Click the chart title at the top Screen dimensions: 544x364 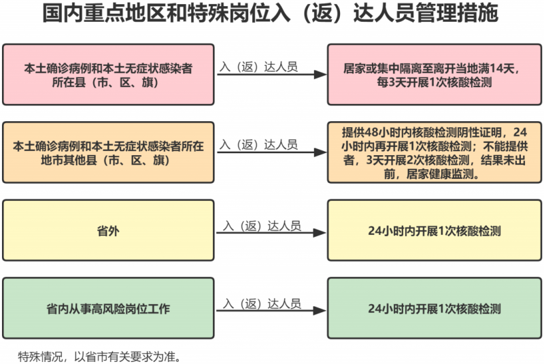[x=270, y=13]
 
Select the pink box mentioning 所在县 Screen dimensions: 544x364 [x=108, y=75]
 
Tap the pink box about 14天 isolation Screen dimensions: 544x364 [x=435, y=75]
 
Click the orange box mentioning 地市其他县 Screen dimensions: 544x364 [x=108, y=152]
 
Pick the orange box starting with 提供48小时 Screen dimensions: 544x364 [x=435, y=152]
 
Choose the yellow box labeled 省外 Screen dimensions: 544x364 [x=108, y=231]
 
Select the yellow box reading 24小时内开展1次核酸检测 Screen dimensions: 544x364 [x=435, y=231]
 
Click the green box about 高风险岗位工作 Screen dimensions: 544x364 [x=108, y=308]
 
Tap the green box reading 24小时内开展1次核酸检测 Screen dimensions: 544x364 [x=435, y=308]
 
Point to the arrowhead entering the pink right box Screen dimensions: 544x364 [x=320, y=74]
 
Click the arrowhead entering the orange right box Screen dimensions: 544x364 [x=320, y=152]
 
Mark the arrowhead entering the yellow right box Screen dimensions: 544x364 [x=320, y=233]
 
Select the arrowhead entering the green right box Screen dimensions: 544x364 [x=320, y=310]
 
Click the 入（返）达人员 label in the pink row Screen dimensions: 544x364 [x=258, y=67]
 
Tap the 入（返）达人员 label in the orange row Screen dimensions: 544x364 [x=258, y=145]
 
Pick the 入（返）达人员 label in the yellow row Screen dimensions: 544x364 [x=262, y=226]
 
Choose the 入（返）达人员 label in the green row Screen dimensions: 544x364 [x=262, y=303]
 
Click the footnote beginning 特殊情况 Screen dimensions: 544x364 [x=99, y=357]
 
